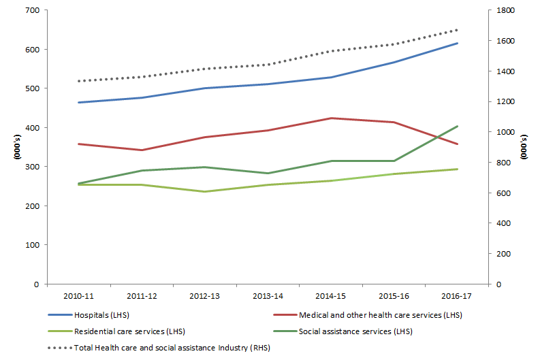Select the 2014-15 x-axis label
331,296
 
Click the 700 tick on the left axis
31,11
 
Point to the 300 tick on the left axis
31,167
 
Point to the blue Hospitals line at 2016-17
458,44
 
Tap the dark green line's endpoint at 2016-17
458,126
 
